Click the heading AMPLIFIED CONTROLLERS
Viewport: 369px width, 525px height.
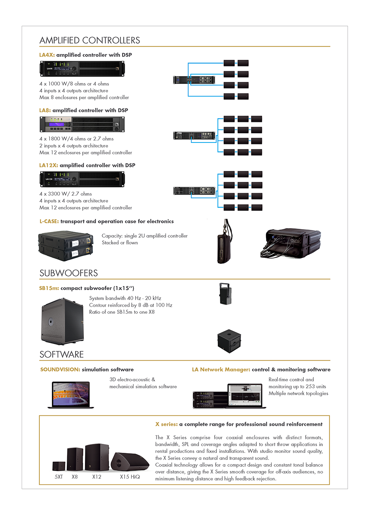tap(90, 40)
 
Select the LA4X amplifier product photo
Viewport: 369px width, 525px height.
tap(82, 69)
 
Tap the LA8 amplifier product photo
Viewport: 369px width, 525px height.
tap(82, 125)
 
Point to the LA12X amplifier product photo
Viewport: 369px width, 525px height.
tap(82, 179)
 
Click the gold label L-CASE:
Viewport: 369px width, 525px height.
tap(49, 221)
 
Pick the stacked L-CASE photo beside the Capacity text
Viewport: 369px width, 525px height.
tap(66, 246)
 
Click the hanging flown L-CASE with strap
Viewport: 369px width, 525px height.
tap(224, 242)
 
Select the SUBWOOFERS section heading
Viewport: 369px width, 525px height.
tap(69, 273)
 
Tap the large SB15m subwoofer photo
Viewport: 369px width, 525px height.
tap(62, 321)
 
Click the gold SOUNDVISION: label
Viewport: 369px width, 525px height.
tap(60, 370)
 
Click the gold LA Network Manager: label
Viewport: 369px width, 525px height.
tap(221, 370)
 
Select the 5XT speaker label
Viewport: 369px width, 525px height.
tap(59, 477)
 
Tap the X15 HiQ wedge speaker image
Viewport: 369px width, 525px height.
tap(129, 461)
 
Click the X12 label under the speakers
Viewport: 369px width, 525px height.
tap(97, 477)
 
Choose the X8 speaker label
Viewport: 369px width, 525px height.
tap(75, 477)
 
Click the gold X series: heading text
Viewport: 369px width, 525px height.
tap(166, 424)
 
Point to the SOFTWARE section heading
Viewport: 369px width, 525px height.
tap(62, 355)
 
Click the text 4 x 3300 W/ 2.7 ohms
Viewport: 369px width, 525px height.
tap(66, 194)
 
